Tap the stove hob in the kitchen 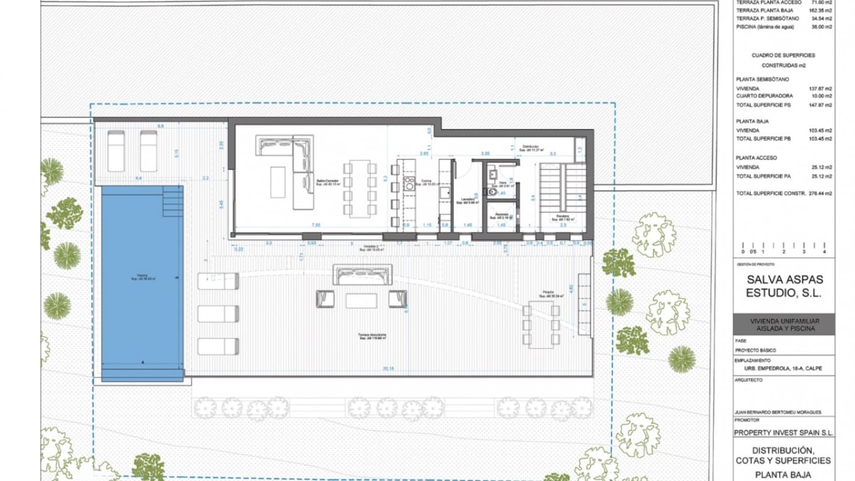pyautogui.click(x=409, y=184)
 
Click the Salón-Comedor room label pyautogui.click(x=328, y=182)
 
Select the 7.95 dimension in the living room pyautogui.click(x=316, y=226)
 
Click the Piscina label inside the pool pyautogui.click(x=143, y=277)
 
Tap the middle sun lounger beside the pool pyautogui.click(x=218, y=314)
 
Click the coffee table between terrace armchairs pyautogui.click(x=361, y=300)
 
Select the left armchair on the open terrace pyautogui.click(x=325, y=299)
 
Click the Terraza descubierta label pyautogui.click(x=372, y=337)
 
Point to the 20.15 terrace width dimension pyautogui.click(x=388, y=369)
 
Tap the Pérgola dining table pyautogui.click(x=541, y=324)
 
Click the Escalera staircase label pyautogui.click(x=563, y=218)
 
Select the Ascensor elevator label pyautogui.click(x=501, y=216)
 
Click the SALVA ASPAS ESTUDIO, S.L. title pyautogui.click(x=784, y=286)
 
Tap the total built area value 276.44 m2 pyautogui.click(x=820, y=193)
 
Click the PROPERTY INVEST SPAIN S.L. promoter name pyautogui.click(x=783, y=433)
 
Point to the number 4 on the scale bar pyautogui.click(x=824, y=252)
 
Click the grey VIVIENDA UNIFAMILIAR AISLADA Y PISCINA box pyautogui.click(x=784, y=324)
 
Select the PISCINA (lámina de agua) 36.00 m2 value pyautogui.click(x=821, y=27)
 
